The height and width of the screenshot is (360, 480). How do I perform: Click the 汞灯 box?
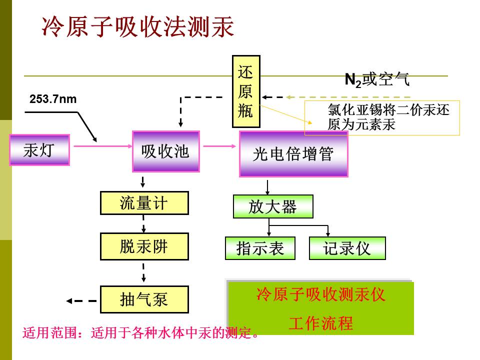pos(40,150)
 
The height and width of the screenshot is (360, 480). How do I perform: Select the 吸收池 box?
pos(166,151)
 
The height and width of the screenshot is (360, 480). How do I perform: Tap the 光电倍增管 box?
pos(294,154)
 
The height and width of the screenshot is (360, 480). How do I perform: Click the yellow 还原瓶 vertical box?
pos(246,91)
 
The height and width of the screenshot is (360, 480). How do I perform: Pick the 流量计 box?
pos(144,203)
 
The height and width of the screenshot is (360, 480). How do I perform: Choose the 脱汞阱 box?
pos(144,246)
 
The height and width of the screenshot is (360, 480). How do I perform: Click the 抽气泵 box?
pos(144,299)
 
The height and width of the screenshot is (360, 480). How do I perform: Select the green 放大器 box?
pos(273,206)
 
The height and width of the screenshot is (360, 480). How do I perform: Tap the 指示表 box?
pos(260,248)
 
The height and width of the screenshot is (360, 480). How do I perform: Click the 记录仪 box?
pos(347,248)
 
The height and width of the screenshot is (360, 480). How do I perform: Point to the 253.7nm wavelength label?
pos(53,99)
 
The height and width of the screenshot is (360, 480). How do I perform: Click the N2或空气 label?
pos(377,79)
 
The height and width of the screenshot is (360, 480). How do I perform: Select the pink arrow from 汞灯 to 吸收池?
pos(103,146)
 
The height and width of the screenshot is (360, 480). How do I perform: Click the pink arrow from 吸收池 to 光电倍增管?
pos(219,146)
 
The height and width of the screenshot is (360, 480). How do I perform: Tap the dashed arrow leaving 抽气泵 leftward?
pos(81,301)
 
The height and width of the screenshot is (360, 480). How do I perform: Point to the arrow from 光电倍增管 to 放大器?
pos(267,187)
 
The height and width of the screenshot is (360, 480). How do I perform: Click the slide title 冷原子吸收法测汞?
pos(138,27)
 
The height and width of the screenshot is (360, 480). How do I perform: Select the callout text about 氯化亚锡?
pos(388,117)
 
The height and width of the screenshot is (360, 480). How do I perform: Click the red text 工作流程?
pos(321,323)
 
